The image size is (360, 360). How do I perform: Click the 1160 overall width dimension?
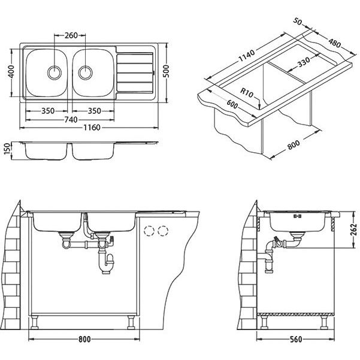point(92,128)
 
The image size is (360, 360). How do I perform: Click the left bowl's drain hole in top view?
point(55,72)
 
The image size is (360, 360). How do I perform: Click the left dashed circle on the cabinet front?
point(149,230)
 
